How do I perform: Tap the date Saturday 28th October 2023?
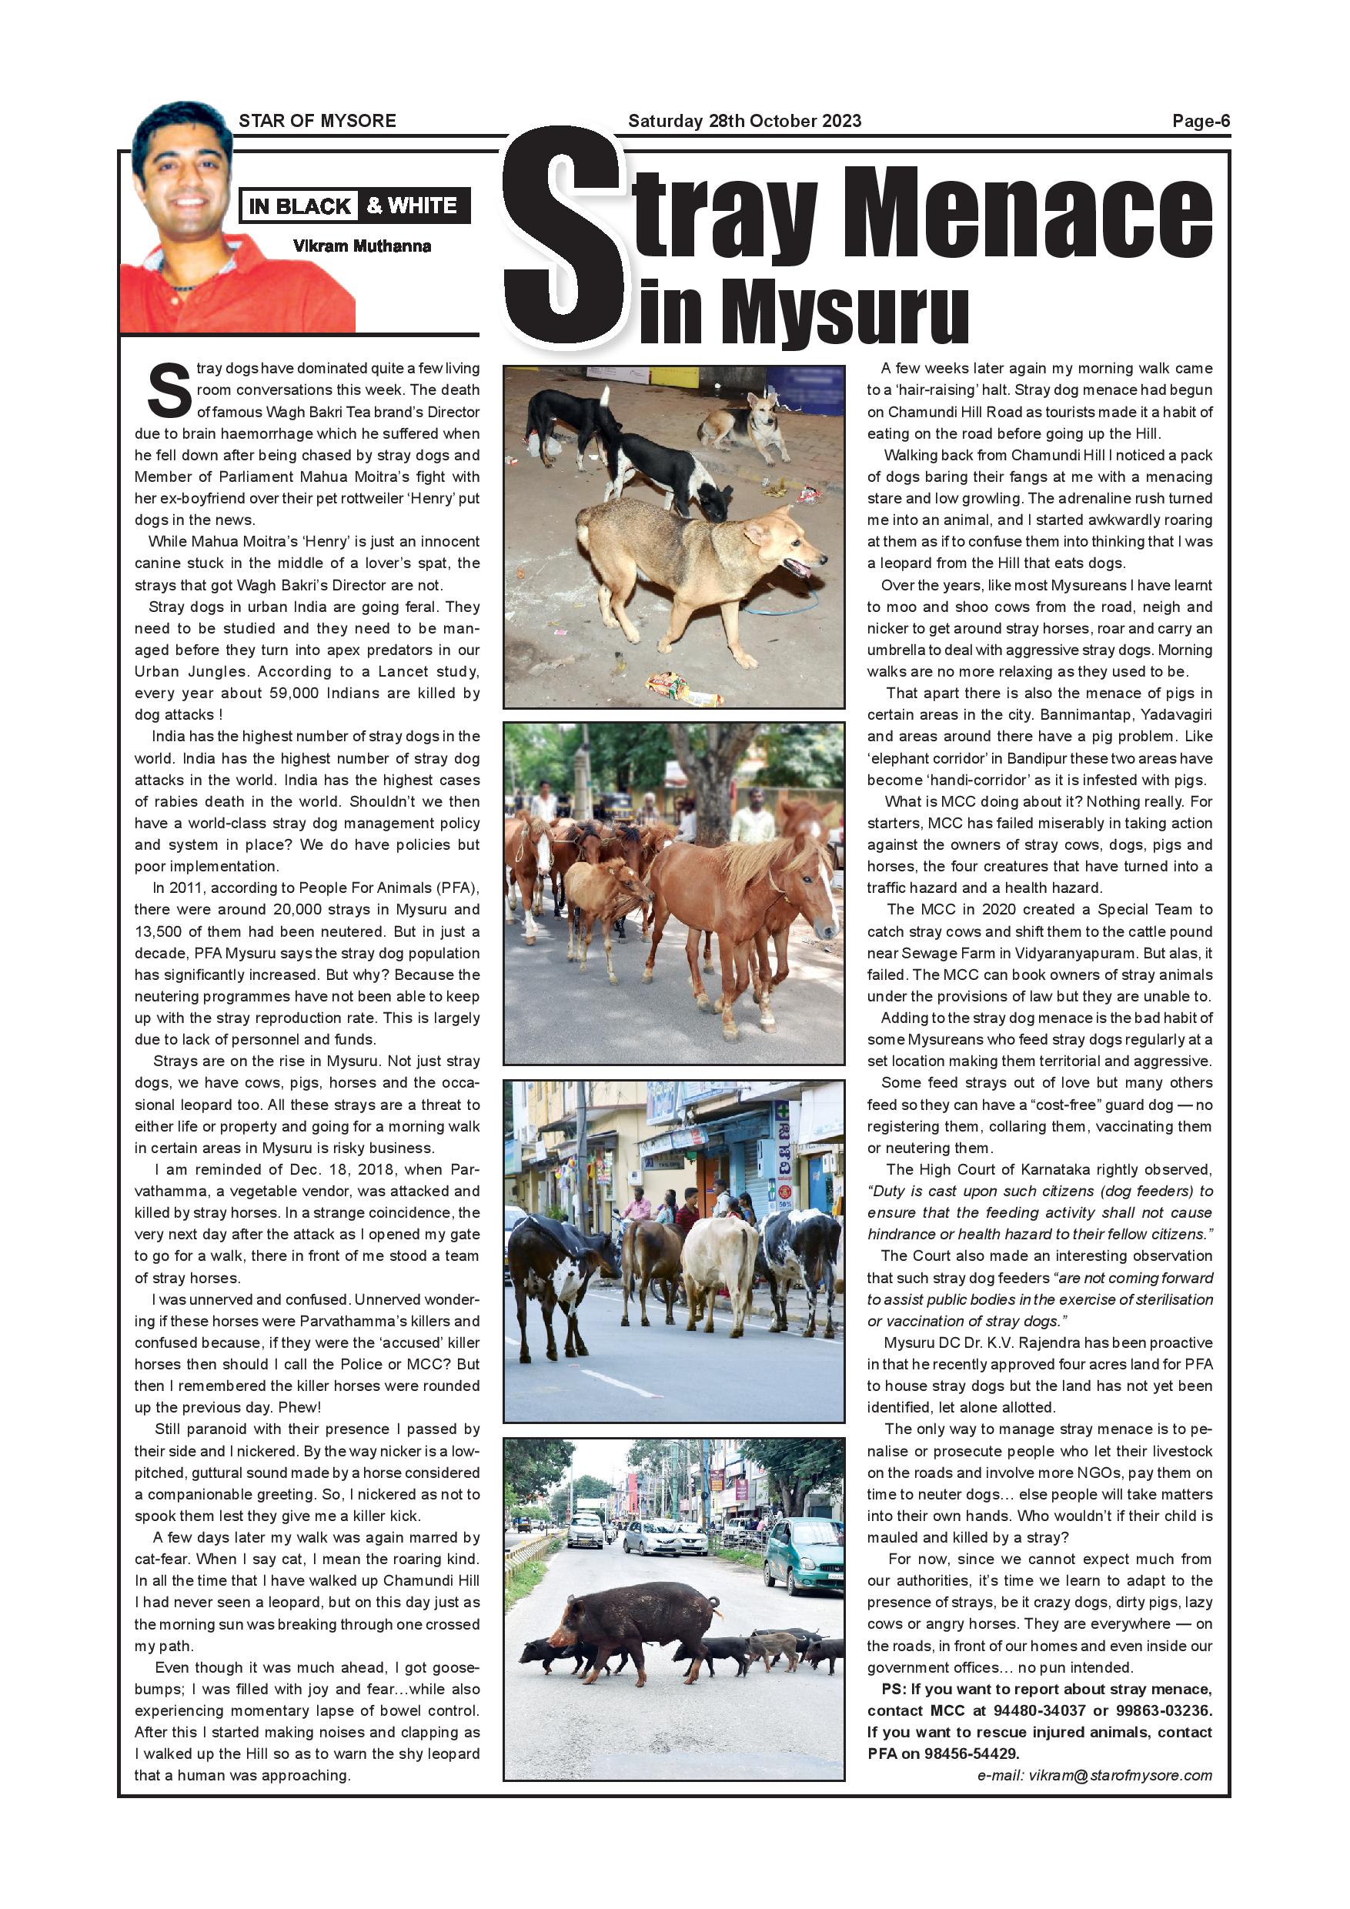click(x=744, y=121)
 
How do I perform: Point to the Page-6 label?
click(x=1201, y=121)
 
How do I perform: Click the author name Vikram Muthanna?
click(x=362, y=246)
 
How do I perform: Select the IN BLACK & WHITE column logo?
click(x=354, y=206)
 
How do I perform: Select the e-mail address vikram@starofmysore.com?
click(x=1094, y=1775)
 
